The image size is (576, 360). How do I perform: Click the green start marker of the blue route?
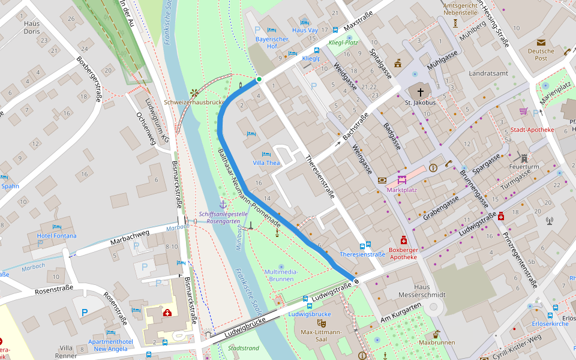tap(259, 79)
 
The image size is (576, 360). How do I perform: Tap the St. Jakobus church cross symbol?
tap(420, 92)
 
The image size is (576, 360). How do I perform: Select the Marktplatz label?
tap(401, 190)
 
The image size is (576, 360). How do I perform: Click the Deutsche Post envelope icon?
tap(541, 43)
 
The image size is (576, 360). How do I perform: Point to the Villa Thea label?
tap(266, 163)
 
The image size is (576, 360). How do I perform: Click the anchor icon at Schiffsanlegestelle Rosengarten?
tap(223, 205)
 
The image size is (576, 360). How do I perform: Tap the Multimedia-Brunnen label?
tap(281, 275)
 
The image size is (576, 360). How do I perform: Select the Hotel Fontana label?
tap(57, 236)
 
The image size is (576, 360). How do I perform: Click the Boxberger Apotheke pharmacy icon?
tap(404, 238)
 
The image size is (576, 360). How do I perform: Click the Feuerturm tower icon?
tap(524, 158)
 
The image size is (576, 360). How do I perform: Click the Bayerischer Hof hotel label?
tap(272, 43)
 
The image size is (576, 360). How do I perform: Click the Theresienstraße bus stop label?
tap(362, 254)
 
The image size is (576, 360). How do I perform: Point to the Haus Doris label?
tap(32, 27)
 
